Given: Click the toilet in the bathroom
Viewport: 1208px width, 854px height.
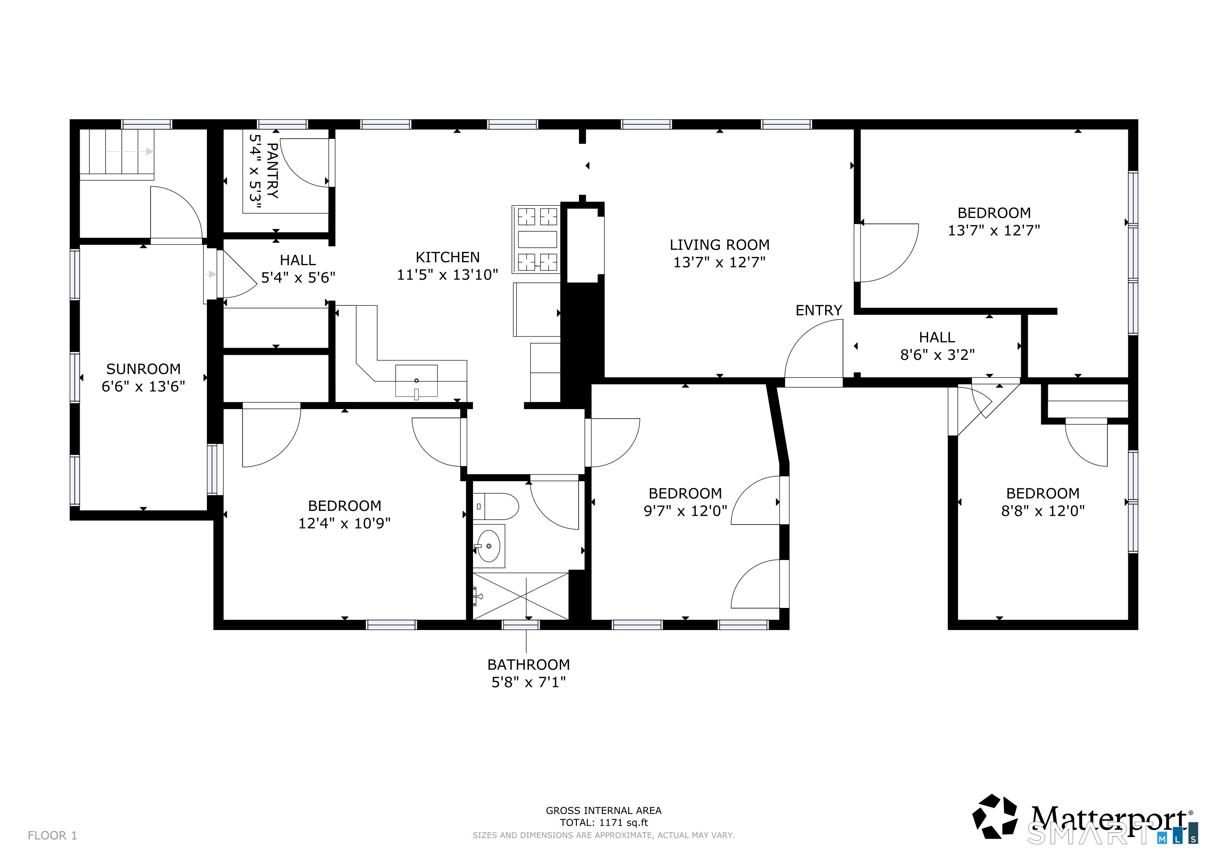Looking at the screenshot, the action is tap(496, 506).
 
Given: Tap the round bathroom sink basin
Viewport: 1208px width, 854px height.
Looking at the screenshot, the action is tap(489, 546).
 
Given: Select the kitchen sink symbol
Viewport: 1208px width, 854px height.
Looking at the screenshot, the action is tap(416, 381).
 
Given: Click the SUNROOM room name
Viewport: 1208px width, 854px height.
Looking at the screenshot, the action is tap(143, 369).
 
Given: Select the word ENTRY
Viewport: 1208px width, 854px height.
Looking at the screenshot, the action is tap(819, 310).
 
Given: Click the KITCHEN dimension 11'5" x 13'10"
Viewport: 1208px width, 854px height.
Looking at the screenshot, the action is tap(447, 274).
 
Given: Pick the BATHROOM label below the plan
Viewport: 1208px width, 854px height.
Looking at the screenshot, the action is tap(528, 664).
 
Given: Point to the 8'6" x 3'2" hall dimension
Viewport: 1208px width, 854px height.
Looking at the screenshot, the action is tap(937, 354).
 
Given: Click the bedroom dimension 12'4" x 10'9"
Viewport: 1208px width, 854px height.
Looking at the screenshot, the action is tap(344, 523).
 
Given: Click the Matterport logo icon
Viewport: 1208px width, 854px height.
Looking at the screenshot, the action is tap(995, 816).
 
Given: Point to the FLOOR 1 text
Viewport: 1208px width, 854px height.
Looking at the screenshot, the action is tap(52, 836).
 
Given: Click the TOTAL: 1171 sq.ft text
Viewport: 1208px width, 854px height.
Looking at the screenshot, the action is tap(604, 823).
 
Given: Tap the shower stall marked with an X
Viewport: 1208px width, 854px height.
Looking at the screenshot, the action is tap(521, 596).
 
